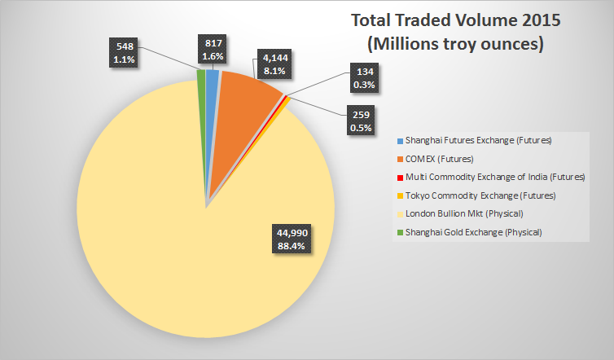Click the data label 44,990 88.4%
pos(292,239)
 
